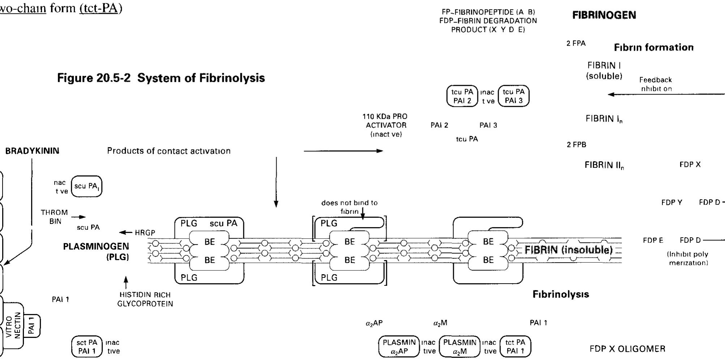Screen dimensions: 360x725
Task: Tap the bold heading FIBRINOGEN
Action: click(x=604, y=15)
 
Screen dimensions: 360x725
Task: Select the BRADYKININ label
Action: click(x=32, y=151)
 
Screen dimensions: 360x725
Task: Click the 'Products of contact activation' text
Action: click(x=169, y=151)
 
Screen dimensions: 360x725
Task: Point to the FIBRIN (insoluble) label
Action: click(x=568, y=250)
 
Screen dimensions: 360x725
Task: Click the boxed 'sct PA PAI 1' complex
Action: click(x=87, y=347)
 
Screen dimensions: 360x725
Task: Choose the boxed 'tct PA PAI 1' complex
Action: click(x=515, y=347)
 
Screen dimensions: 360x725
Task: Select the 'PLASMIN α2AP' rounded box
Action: click(x=399, y=347)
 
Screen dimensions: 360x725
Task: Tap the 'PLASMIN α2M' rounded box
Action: click(x=460, y=347)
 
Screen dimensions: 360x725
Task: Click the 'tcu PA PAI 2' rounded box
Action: click(x=462, y=96)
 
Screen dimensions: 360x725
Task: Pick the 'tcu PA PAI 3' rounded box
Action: click(x=513, y=96)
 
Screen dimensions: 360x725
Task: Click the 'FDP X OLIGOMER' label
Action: click(x=627, y=349)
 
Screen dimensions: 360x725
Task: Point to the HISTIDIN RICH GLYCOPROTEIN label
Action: click(x=145, y=299)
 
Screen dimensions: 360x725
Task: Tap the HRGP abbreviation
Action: click(x=145, y=233)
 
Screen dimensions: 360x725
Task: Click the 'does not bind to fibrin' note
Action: click(x=349, y=207)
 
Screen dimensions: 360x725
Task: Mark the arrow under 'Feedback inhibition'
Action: click(x=665, y=94)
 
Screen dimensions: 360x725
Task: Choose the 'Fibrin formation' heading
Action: click(x=653, y=47)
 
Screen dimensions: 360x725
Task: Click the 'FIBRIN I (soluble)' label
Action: click(x=604, y=71)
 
